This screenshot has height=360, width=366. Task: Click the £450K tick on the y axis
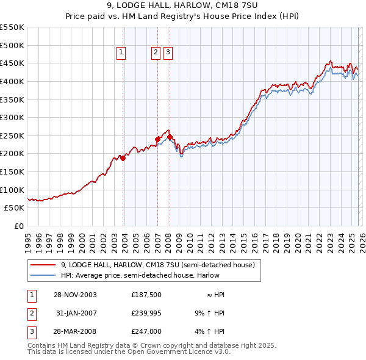pyautogui.click(x=12, y=63)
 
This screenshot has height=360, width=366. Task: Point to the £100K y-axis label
pyautogui.click(x=12, y=190)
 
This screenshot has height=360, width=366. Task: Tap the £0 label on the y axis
pyautogui.click(x=18, y=226)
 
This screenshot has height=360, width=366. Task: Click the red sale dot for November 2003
pyautogui.click(x=123, y=158)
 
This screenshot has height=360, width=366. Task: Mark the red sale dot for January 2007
pyautogui.click(x=157, y=139)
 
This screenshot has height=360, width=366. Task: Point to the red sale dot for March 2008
pyautogui.click(x=170, y=137)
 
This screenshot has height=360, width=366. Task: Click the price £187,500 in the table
pyautogui.click(x=146, y=295)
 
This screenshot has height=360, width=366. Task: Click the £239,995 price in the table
pyautogui.click(x=146, y=314)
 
